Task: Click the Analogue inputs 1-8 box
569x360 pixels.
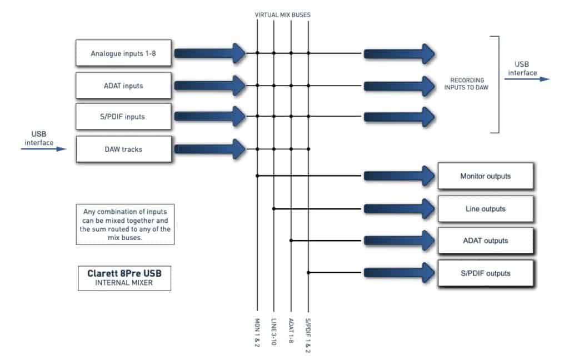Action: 123,53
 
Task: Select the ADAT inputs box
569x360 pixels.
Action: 123,86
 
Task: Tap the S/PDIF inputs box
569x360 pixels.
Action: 123,117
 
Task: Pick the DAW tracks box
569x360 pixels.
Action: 124,149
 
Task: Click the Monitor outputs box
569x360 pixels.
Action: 486,176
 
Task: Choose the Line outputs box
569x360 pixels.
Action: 486,209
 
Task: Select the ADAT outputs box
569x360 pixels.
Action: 486,241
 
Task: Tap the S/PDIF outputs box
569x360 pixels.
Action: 486,273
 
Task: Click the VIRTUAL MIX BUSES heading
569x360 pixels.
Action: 283,15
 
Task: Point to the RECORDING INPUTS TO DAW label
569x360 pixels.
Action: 467,84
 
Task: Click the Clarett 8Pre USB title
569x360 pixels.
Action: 124,273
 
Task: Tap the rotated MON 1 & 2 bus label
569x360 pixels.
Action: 257,332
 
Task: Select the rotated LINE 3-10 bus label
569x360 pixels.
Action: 273,332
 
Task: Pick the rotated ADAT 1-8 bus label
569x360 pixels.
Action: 291,331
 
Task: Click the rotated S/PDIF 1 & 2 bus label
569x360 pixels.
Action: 308,336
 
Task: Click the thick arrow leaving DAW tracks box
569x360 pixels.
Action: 210,149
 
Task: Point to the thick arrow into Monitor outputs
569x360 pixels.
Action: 399,176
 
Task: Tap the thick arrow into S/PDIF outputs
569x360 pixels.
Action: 399,273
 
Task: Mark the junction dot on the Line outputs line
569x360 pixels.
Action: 273,209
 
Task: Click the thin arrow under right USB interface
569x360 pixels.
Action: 527,79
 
